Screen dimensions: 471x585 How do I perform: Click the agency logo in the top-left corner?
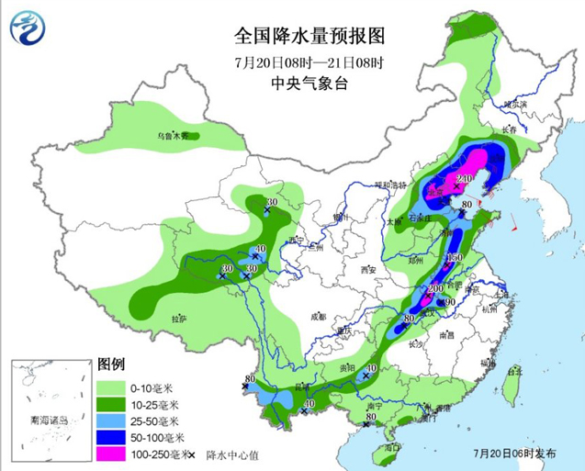click(30, 28)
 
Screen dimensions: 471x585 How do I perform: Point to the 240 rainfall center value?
click(464, 178)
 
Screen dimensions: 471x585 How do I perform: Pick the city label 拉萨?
click(178, 318)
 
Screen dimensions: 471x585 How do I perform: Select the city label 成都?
click(318, 316)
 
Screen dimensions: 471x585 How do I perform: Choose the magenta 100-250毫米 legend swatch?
click(114, 454)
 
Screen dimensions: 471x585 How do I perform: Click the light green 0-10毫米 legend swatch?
click(114, 387)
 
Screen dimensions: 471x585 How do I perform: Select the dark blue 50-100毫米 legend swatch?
click(114, 437)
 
